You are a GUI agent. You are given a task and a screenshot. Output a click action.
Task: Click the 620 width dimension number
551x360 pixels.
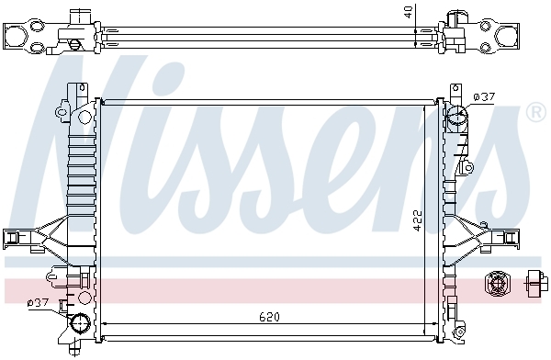point(269,317)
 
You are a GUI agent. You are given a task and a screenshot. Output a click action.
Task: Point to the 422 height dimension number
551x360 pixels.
point(417,220)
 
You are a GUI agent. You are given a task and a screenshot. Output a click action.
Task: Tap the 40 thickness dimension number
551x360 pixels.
point(408,11)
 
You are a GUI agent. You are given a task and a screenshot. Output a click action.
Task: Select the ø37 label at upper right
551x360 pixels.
point(484,96)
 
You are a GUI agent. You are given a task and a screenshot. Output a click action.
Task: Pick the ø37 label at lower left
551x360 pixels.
point(39,302)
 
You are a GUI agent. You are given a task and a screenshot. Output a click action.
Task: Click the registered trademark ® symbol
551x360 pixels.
point(536,112)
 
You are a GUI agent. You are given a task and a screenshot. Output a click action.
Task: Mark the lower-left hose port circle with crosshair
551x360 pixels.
point(79,322)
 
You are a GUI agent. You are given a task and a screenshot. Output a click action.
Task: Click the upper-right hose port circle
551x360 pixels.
point(456,114)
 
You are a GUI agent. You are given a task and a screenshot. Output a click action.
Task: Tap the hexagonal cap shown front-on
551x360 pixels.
point(497,283)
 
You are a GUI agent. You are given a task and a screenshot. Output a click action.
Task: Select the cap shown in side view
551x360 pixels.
point(536,283)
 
